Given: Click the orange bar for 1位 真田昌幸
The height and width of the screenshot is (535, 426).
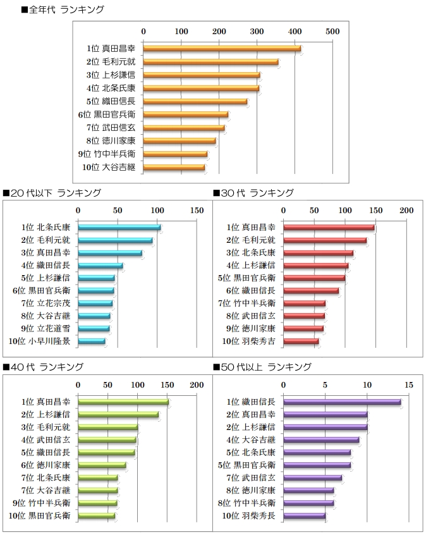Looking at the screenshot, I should (x=221, y=48).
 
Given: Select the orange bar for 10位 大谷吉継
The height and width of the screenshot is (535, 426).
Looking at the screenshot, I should (x=174, y=168).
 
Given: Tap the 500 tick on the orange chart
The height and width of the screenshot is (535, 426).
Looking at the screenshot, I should (x=332, y=31).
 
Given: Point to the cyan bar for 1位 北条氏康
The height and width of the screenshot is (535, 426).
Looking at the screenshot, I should (x=119, y=227).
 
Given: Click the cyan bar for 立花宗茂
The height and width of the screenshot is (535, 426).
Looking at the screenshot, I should (x=95, y=304).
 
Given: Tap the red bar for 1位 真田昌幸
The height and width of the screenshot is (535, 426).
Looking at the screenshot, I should (x=328, y=227).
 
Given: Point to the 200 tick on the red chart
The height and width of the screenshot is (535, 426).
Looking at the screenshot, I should (x=405, y=210).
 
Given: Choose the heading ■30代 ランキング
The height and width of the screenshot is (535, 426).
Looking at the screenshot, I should (x=253, y=193).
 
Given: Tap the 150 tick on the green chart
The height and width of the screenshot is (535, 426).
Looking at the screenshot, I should (x=167, y=384).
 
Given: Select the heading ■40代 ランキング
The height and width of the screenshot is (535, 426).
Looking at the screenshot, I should (x=44, y=367).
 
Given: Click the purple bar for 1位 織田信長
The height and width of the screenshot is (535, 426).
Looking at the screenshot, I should (x=341, y=402).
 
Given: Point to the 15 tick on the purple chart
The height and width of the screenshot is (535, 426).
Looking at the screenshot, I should (x=409, y=384).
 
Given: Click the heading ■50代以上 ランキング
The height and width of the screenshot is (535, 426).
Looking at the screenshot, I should (x=262, y=367).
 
